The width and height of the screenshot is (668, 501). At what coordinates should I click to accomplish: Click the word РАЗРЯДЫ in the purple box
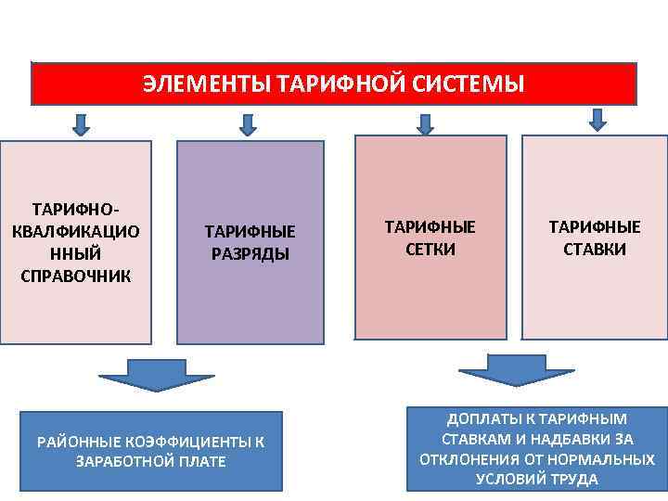(x=250, y=254)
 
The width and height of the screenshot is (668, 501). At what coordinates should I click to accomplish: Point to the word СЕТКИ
(x=430, y=250)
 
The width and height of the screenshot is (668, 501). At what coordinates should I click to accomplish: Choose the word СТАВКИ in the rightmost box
(x=595, y=250)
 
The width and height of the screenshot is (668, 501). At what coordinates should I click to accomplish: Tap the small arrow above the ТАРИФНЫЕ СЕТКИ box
(x=426, y=123)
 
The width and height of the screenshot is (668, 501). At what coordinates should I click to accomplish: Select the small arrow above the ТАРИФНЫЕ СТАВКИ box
(x=597, y=119)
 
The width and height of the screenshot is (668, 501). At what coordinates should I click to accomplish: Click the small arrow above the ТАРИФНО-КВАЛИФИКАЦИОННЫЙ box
(x=82, y=123)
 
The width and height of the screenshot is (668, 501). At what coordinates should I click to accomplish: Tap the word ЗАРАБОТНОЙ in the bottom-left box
(x=119, y=461)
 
